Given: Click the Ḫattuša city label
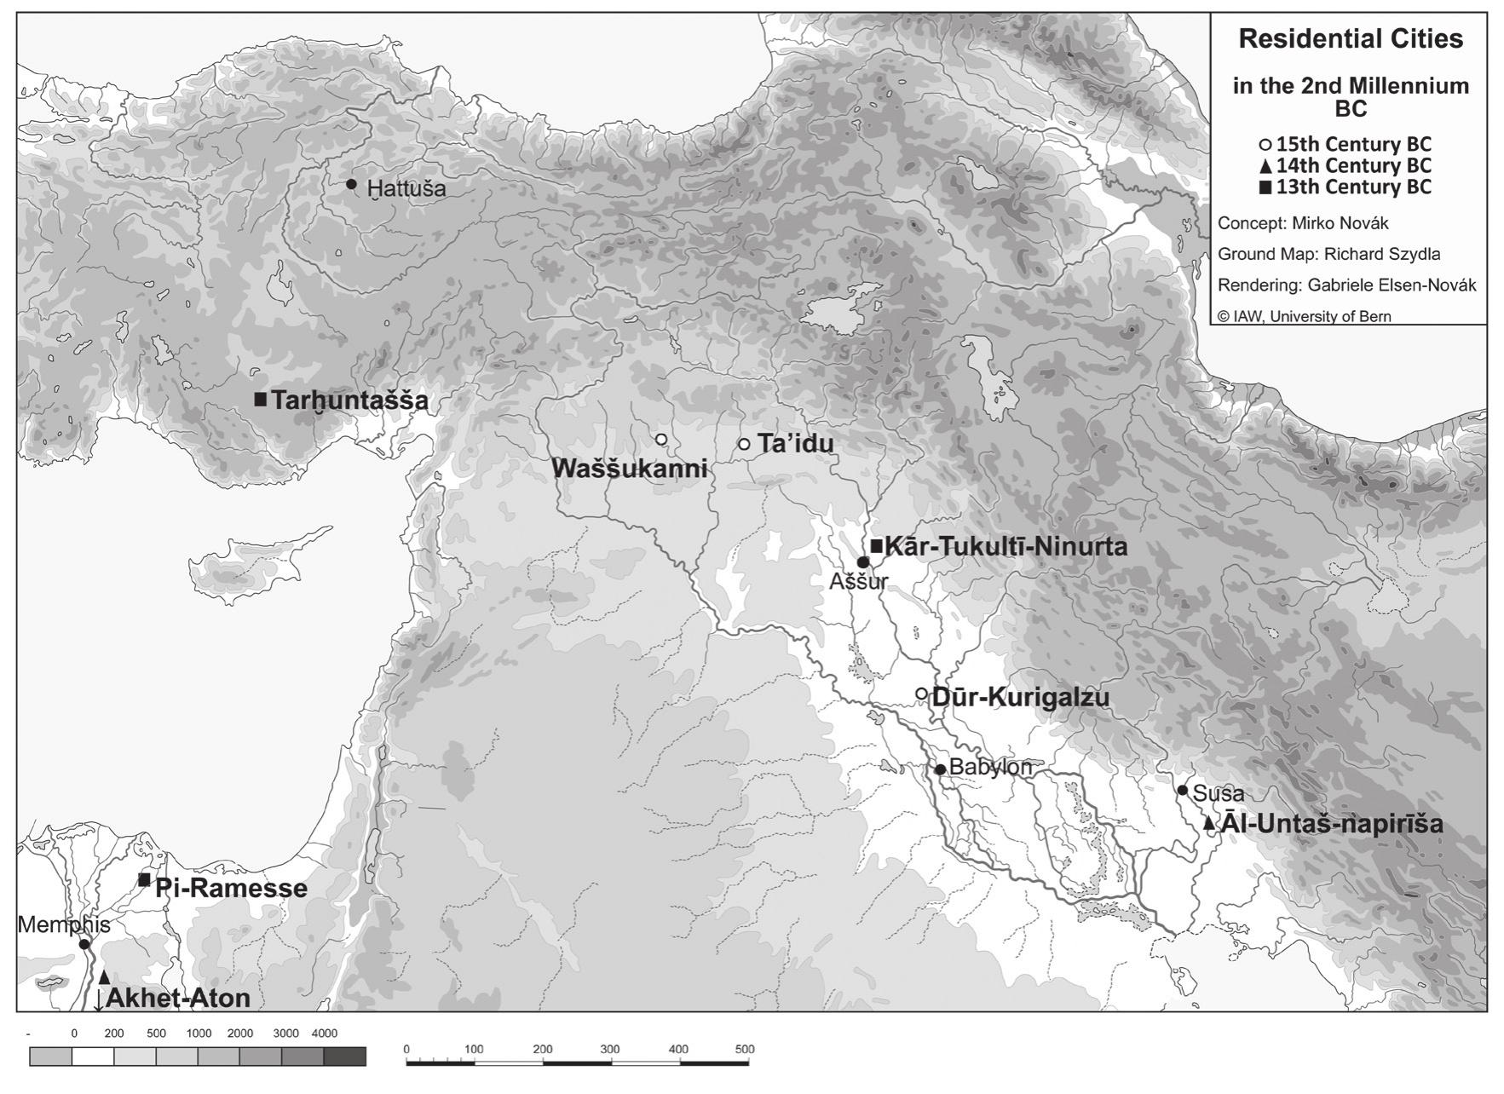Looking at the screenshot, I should click(406, 188).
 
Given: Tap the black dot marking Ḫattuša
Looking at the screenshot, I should click(351, 184).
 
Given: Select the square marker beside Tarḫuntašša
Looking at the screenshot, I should click(261, 399).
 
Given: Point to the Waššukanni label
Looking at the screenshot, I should click(630, 468).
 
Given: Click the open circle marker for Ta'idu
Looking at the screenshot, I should click(744, 444).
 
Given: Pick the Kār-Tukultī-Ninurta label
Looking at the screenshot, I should click(1006, 546).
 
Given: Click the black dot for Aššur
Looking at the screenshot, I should click(862, 562).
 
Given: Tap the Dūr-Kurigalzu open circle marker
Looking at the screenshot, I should click(920, 694).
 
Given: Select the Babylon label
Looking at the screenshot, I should click(989, 767).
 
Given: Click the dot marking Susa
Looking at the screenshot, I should click(1183, 790).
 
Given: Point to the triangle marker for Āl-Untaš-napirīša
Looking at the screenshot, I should click(1208, 823).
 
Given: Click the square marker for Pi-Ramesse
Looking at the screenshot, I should click(145, 879).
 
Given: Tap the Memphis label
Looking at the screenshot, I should click(63, 924).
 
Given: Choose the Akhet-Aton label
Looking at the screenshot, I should click(177, 998).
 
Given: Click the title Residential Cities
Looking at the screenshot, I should click(1350, 39).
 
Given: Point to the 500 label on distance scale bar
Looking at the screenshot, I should click(744, 1049).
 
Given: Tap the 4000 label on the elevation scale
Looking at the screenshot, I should click(324, 1033).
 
